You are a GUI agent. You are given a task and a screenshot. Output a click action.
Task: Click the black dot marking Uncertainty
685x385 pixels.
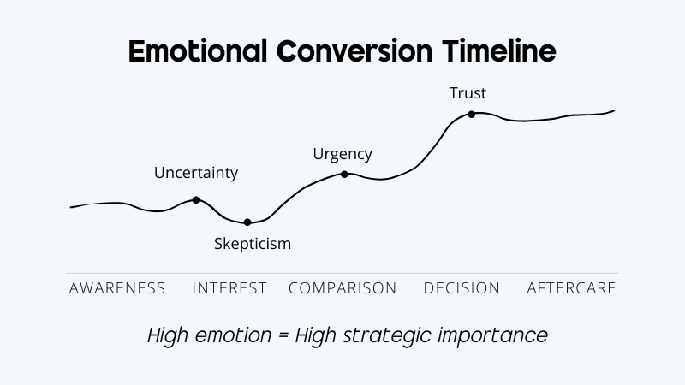click(196, 200)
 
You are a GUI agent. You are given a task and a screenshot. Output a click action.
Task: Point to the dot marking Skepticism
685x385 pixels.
click(247, 222)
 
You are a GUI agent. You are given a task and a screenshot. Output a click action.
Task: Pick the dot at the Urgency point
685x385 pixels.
click(344, 174)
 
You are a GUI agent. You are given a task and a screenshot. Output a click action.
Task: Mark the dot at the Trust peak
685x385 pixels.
click(472, 114)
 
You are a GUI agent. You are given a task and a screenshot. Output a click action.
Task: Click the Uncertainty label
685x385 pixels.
click(196, 173)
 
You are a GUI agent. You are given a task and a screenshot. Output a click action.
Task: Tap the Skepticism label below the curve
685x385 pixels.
click(253, 244)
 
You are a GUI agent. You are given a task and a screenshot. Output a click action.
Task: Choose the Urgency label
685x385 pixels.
click(342, 154)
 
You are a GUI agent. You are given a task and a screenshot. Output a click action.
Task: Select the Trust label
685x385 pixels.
click(468, 93)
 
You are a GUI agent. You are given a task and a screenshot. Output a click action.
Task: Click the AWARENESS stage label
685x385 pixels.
click(117, 288)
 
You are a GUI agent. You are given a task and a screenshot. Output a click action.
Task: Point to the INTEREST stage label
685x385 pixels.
click(229, 288)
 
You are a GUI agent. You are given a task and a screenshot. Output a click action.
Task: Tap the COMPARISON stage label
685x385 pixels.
click(342, 288)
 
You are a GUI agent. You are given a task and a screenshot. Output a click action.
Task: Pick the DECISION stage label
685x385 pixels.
click(462, 288)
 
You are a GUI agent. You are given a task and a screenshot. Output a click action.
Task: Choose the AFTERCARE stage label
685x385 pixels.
click(571, 288)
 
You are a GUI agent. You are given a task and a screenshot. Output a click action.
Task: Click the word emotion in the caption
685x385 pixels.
click(233, 335)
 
